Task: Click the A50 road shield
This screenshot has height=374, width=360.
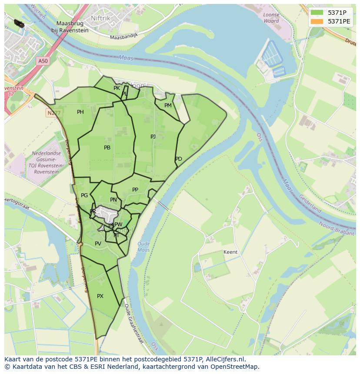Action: (x=43, y=61)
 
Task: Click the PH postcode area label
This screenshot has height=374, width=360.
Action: (x=80, y=112)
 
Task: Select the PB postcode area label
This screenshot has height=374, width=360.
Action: (x=107, y=148)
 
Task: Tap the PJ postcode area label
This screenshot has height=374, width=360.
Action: (x=153, y=137)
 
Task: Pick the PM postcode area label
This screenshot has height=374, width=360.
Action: (x=168, y=106)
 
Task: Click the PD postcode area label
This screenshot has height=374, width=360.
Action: (x=179, y=159)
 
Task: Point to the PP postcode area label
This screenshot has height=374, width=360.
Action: (x=135, y=190)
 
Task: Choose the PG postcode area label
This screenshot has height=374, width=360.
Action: (x=84, y=195)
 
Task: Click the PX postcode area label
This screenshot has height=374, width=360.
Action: (x=100, y=296)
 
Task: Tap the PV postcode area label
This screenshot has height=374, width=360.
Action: (x=98, y=244)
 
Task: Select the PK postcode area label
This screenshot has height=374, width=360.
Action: (x=117, y=88)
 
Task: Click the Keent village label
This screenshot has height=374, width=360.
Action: (x=230, y=252)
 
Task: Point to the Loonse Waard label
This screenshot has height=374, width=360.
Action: (x=271, y=18)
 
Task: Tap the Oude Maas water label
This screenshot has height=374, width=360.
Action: (x=143, y=247)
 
